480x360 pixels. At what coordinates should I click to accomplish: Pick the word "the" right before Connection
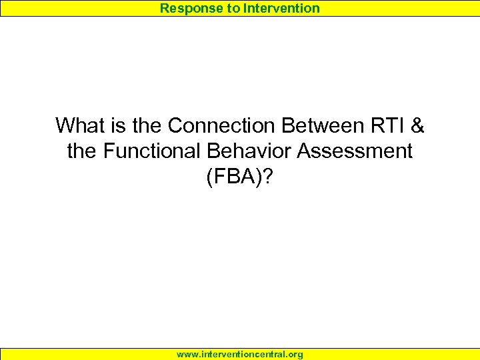(147, 125)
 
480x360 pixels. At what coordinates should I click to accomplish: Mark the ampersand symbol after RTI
(418, 125)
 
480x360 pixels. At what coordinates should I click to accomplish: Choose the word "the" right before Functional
(82, 151)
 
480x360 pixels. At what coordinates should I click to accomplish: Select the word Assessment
(355, 151)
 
